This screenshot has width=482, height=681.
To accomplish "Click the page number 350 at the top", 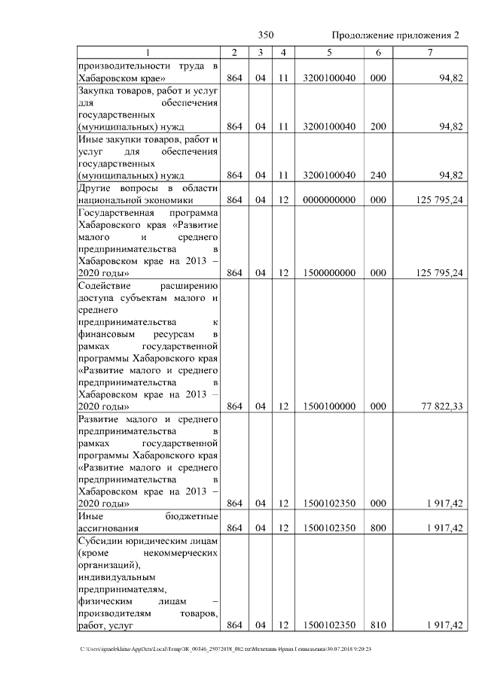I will pos(265,35).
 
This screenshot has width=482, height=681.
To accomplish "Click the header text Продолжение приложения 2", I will pos(395,35).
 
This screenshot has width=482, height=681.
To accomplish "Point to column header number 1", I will pos(148,52).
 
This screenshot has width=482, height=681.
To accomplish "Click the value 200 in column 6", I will pos(378,126).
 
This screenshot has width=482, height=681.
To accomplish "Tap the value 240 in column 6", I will pos(378,175).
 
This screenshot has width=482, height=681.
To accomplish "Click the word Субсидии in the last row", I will pos(102,541).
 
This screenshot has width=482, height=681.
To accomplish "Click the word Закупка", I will pos(97,91).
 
